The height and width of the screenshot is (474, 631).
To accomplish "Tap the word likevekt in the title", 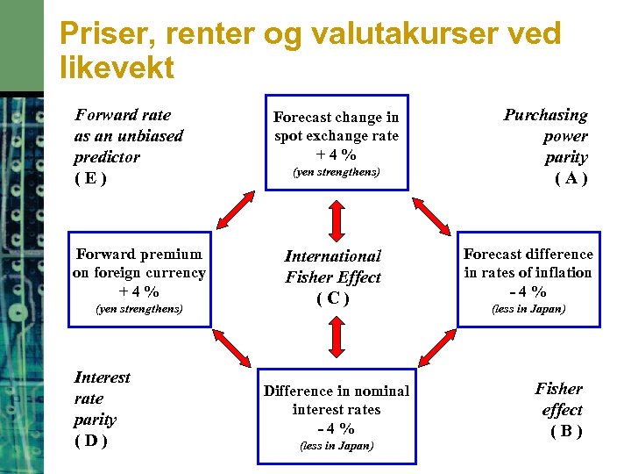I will pyautogui.click(x=117, y=68).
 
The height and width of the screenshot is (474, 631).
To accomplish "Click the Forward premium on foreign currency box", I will pyautogui.click(x=139, y=279).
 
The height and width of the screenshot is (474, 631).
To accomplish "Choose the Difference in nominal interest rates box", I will pyautogui.click(x=336, y=415).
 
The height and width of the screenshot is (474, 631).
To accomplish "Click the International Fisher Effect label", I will pyautogui.click(x=333, y=267).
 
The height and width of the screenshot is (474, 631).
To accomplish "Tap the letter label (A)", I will pyautogui.click(x=571, y=179).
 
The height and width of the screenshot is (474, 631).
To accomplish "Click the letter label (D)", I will pyautogui.click(x=91, y=441).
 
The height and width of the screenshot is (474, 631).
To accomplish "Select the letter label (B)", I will pyautogui.click(x=565, y=431).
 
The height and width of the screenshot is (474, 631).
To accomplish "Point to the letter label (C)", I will pyautogui.click(x=333, y=298).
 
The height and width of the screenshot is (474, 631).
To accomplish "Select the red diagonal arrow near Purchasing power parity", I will pyautogui.click(x=431, y=213).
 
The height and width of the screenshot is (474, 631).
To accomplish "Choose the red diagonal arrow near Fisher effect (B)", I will pyautogui.click(x=436, y=348).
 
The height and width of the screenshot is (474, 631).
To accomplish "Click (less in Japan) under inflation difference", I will pyautogui.click(x=528, y=309).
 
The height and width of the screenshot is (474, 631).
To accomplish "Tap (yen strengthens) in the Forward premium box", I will pyautogui.click(x=139, y=309).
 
